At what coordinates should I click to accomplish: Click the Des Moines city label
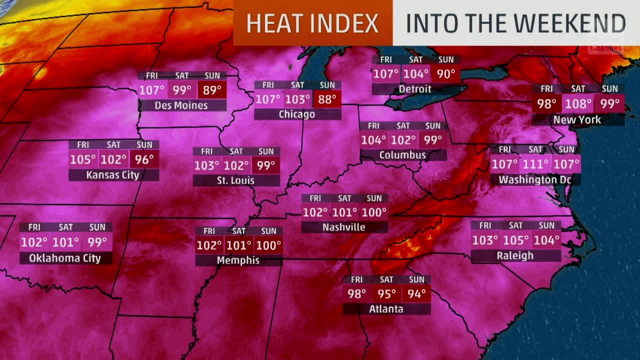(x=181, y=105)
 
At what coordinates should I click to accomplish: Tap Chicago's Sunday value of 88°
(x=327, y=99)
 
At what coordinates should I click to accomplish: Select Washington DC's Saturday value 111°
(x=535, y=164)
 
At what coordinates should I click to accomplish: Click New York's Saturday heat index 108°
(x=578, y=104)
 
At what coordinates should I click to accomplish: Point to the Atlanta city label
(x=386, y=309)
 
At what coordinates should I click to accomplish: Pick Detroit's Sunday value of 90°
(x=445, y=74)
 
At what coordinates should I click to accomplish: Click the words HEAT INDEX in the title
(x=312, y=23)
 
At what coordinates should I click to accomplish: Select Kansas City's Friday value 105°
(x=83, y=159)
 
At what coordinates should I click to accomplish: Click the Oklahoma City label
(x=65, y=258)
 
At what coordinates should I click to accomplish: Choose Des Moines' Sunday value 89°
(x=212, y=90)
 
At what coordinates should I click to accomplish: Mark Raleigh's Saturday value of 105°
(x=515, y=240)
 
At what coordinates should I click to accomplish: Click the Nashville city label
(x=344, y=227)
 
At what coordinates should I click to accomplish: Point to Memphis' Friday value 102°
(x=209, y=245)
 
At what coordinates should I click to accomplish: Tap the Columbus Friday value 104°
(x=373, y=140)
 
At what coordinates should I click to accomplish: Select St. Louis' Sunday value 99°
(x=265, y=165)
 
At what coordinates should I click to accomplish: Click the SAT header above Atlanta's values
(x=386, y=279)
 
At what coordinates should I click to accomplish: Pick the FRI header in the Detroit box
(x=386, y=59)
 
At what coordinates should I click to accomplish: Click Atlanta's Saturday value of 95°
(x=386, y=293)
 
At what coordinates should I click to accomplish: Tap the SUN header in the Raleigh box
(x=546, y=225)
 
